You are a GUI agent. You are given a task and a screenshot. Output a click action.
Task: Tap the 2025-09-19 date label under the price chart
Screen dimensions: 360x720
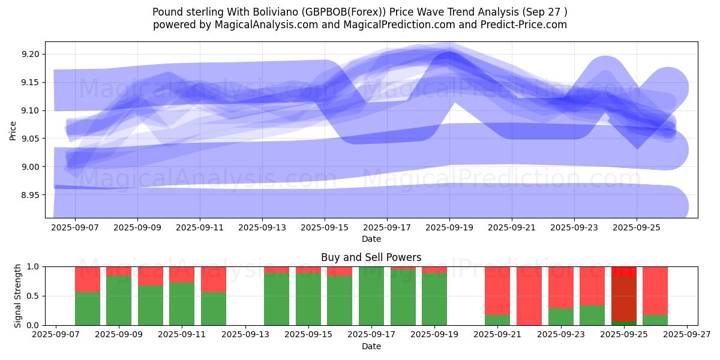pos(449,228)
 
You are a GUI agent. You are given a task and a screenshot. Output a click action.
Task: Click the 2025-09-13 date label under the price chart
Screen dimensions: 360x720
pos(262,228)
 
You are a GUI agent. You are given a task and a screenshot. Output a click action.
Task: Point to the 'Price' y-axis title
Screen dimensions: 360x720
pos(13,130)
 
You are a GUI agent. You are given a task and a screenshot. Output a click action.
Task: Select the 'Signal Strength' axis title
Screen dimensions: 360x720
pos(18,296)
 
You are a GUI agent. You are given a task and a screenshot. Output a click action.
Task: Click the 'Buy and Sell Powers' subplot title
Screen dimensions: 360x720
pos(371,257)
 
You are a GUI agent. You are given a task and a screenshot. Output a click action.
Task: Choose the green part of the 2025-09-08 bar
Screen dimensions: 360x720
pos(88,308)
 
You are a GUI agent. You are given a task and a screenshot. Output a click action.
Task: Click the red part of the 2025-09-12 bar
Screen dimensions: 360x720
pos(214,279)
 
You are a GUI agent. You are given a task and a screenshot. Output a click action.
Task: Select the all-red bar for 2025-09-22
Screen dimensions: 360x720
pos(529,296)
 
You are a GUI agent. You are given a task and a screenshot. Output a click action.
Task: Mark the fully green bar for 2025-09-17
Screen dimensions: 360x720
pos(371,296)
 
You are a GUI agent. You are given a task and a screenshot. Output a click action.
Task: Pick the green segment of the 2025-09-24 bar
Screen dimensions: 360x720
pos(592,315)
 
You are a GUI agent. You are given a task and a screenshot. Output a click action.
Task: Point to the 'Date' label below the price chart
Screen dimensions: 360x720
pos(371,239)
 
